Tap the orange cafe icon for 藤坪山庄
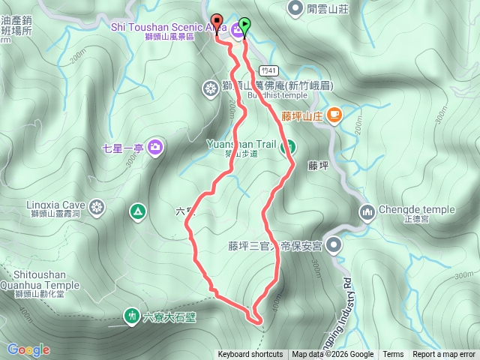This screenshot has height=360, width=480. click(x=333, y=115)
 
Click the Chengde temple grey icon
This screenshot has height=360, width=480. click(x=367, y=212)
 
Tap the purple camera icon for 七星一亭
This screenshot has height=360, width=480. click(x=155, y=145)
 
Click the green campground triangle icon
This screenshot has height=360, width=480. click(x=136, y=212)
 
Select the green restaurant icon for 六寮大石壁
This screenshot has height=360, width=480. click(x=132, y=316)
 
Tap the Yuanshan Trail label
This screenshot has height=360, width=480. click(x=240, y=143)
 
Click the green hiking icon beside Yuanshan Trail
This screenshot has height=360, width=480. click(x=287, y=146)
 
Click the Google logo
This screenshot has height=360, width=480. click(x=28, y=349)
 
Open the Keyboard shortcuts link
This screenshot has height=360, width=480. click(x=250, y=355)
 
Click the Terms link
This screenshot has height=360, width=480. click(x=393, y=355)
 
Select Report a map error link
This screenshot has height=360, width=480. click(x=445, y=355)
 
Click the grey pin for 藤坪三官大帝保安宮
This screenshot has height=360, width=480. click(x=334, y=244)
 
